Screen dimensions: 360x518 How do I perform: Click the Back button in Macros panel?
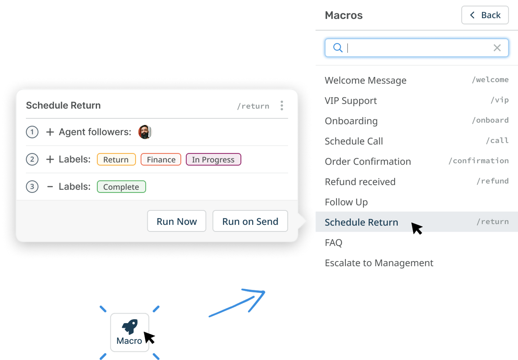click(485, 15)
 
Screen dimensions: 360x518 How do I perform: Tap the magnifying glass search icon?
click(337, 48)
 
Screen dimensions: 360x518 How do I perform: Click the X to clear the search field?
click(497, 48)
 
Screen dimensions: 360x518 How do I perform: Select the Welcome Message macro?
click(365, 80)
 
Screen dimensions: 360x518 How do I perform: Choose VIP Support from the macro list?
click(351, 101)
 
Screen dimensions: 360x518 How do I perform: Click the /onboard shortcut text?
click(490, 120)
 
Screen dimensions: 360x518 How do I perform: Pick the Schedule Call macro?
click(354, 141)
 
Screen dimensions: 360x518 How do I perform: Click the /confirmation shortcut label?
click(478, 161)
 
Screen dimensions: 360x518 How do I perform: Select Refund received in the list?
click(360, 182)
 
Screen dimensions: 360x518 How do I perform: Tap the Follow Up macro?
click(346, 202)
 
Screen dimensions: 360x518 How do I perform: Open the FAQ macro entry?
click(333, 243)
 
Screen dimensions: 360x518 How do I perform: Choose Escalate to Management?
click(379, 263)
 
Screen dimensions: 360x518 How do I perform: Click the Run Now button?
click(177, 221)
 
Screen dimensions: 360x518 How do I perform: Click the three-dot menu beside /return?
click(282, 105)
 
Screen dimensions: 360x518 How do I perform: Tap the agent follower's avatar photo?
click(145, 132)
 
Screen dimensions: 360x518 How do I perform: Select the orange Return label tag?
click(116, 159)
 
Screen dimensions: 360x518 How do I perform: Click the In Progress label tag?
click(213, 159)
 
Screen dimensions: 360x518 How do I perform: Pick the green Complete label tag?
click(121, 187)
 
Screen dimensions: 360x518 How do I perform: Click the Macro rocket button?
click(129, 332)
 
